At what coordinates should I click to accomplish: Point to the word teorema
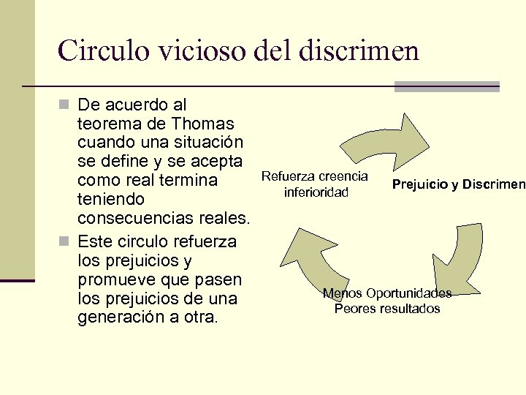pos(110,123)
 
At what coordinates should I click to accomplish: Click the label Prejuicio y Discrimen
pos(458,184)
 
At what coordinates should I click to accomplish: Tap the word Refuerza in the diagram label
pos(286,177)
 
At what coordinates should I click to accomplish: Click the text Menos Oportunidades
pos(387,293)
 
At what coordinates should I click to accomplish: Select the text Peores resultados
pos(387,309)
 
